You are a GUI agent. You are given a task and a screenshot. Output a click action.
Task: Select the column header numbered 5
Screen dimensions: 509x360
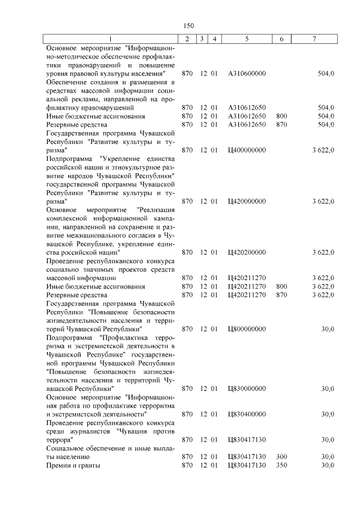pyautogui.click(x=247, y=39)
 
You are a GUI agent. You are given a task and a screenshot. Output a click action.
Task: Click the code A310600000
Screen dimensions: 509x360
pyautogui.click(x=247, y=74)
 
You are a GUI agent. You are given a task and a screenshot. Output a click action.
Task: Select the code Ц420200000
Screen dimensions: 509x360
pyautogui.click(x=247, y=252)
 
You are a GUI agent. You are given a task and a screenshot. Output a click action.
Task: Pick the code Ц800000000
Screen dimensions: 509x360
pyautogui.click(x=247, y=328)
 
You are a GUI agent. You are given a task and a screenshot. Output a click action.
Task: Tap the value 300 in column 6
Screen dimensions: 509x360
pyautogui.click(x=282, y=456)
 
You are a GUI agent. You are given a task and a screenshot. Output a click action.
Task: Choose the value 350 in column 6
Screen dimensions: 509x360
pyautogui.click(x=282, y=465)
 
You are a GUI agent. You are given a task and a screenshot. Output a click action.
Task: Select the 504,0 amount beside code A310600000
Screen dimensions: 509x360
pyautogui.click(x=326, y=74)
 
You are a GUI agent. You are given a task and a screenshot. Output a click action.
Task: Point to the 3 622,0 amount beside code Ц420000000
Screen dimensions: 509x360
pyautogui.click(x=323, y=201)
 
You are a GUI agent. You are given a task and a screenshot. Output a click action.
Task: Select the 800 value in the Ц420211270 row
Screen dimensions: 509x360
pyautogui.click(x=282, y=286)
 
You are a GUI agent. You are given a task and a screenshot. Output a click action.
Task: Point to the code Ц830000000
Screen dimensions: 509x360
pyautogui.click(x=247, y=388)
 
